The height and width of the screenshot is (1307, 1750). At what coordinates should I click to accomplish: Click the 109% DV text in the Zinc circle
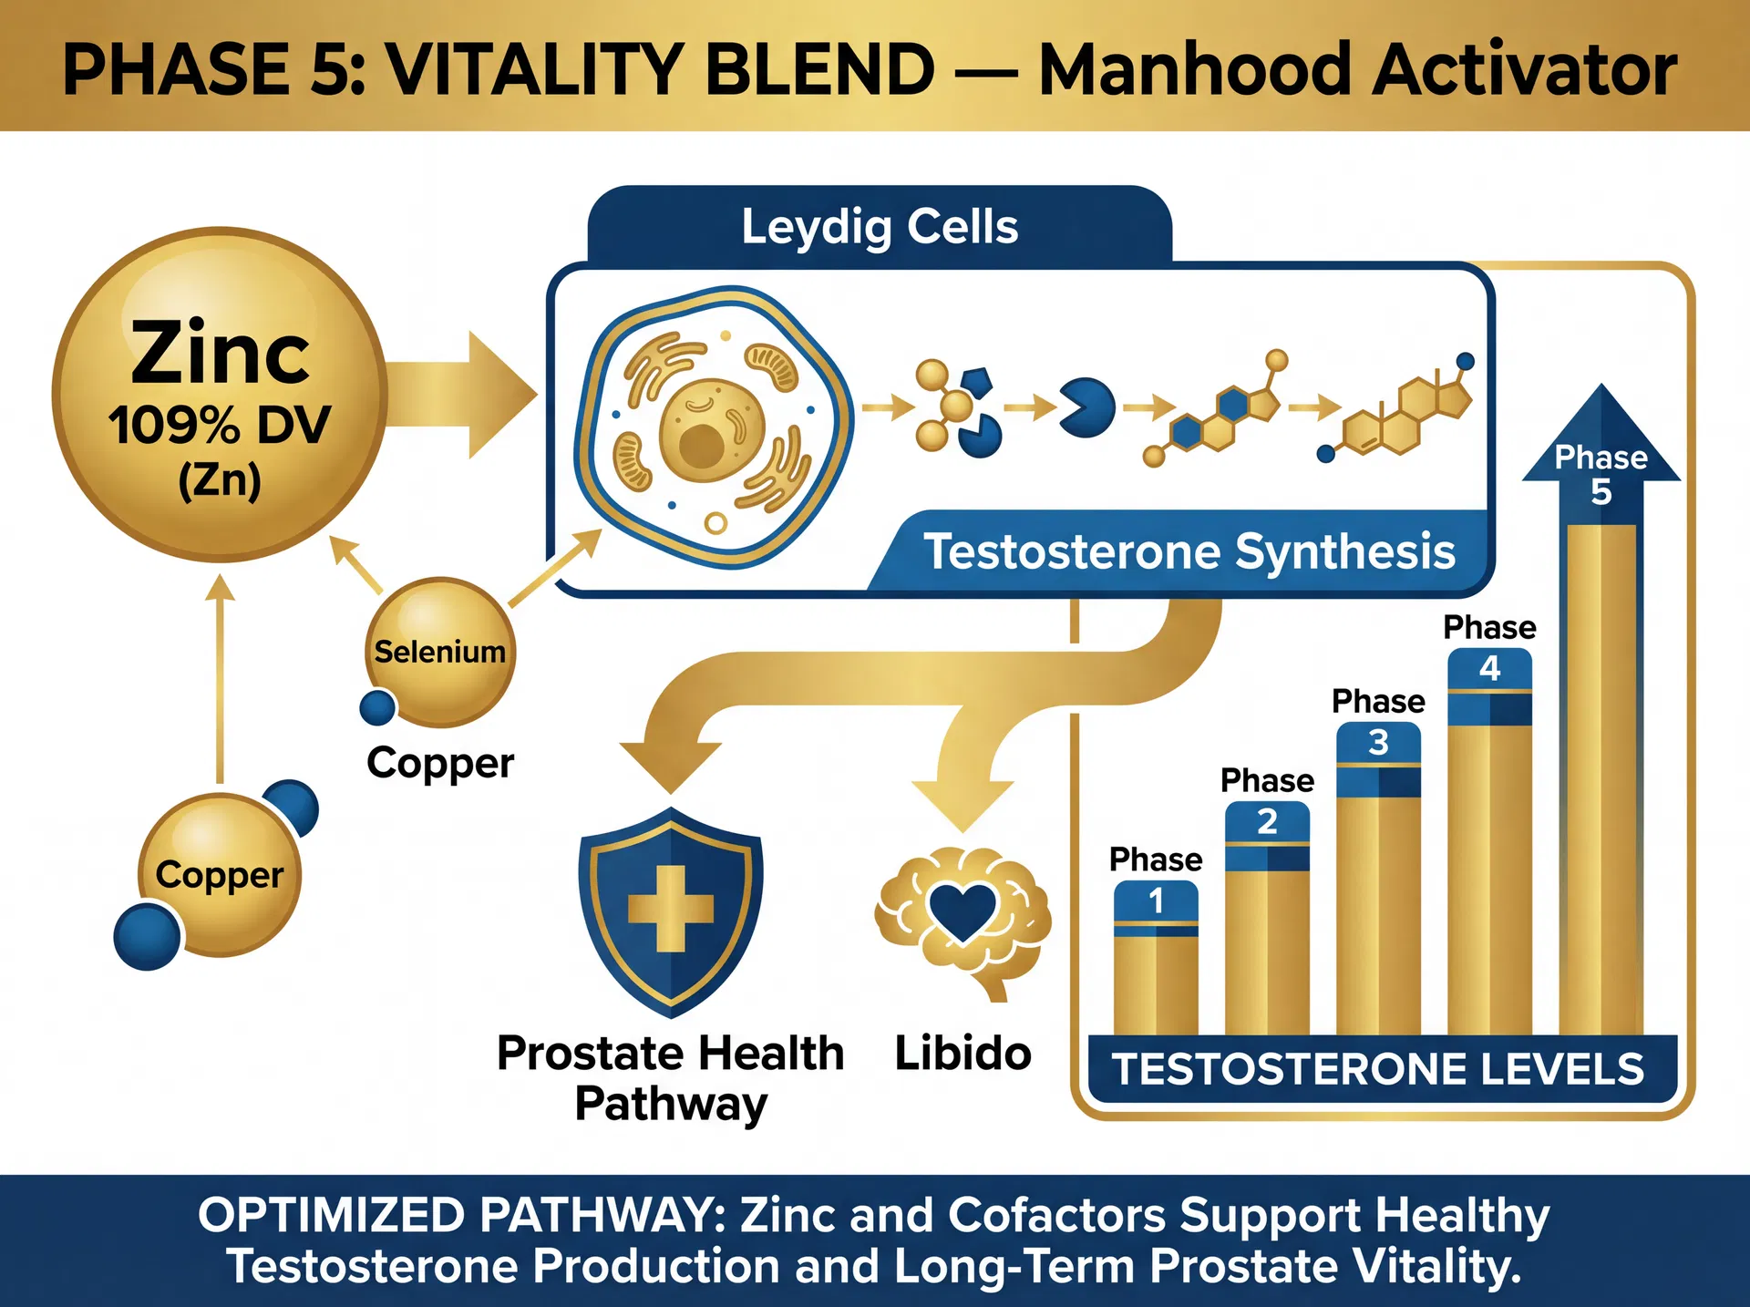pyautogui.click(x=219, y=425)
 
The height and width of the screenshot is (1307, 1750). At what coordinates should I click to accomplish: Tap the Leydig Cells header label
pyautogui.click(x=879, y=226)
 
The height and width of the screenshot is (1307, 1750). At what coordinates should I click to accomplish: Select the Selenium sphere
pyautogui.click(x=440, y=652)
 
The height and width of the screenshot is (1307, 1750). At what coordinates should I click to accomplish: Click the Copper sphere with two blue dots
pyautogui.click(x=219, y=875)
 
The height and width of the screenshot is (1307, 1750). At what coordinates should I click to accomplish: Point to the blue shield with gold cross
pyautogui.click(x=671, y=911)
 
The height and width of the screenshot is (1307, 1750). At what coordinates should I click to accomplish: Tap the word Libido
pyautogui.click(x=962, y=1054)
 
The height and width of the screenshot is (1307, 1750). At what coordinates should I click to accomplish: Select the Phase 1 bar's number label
pyautogui.click(x=1156, y=901)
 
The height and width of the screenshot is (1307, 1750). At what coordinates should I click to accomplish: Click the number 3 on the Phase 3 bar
pyautogui.click(x=1378, y=743)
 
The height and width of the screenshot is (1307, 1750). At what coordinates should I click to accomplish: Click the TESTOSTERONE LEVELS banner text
pyautogui.click(x=1378, y=1069)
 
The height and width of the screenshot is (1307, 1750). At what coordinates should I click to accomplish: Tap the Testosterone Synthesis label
pyautogui.click(x=1189, y=551)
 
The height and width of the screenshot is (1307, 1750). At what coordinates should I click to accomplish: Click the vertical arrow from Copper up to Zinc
pyautogui.click(x=220, y=679)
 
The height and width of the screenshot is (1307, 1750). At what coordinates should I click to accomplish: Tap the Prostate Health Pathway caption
pyautogui.click(x=671, y=1078)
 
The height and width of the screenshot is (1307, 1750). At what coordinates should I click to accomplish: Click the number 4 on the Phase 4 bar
pyautogui.click(x=1489, y=669)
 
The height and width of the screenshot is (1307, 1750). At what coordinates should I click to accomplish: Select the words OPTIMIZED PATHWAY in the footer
pyautogui.click(x=460, y=1216)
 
